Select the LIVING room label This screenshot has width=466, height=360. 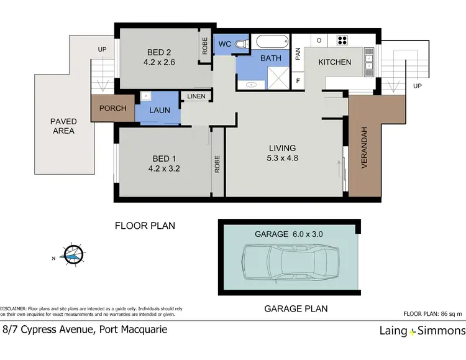click(283, 148)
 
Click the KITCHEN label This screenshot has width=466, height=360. click(335, 62)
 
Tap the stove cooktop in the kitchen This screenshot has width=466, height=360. click(342, 40)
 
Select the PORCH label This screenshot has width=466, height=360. click(112, 108)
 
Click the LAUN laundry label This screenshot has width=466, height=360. click(160, 111)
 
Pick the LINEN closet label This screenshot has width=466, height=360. click(196, 96)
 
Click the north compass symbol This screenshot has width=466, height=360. click(73, 253)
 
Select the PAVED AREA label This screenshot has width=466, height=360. click(63, 126)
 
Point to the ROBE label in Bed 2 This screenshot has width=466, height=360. click(204, 45)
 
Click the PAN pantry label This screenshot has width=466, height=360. click(298, 54)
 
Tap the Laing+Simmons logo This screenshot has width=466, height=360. click(422, 331)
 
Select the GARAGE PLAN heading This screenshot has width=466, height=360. click(296, 308)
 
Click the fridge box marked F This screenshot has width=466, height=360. click(298, 81)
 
